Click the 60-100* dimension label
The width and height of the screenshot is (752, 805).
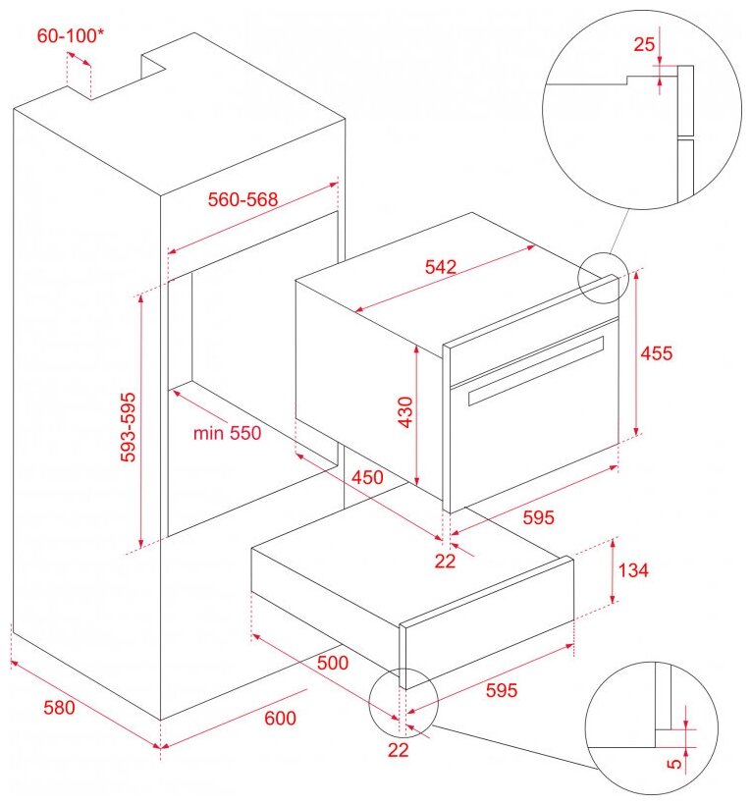click(71, 35)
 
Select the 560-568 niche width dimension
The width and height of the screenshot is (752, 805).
click(242, 199)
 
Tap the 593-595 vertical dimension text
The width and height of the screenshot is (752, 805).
click(129, 427)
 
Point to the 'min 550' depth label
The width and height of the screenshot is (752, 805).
click(227, 433)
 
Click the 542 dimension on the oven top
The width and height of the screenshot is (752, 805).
click(441, 266)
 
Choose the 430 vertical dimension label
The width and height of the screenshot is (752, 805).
click(405, 411)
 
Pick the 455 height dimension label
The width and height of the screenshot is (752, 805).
click(656, 353)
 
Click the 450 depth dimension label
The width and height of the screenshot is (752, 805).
click(367, 477)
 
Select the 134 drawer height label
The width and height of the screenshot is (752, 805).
click(633, 569)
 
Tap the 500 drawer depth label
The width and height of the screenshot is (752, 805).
click(333, 663)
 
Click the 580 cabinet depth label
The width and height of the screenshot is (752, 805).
click(59, 708)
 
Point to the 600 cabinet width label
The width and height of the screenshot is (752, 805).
click(280, 718)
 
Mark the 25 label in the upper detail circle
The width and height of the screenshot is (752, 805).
click(644, 44)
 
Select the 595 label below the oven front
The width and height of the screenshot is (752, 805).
click(538, 517)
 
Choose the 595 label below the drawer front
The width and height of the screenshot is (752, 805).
click(502, 690)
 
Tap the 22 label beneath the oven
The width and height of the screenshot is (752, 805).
click(445, 562)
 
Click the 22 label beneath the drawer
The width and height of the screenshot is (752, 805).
click(398, 750)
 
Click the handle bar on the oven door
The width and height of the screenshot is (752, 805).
click(536, 371)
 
